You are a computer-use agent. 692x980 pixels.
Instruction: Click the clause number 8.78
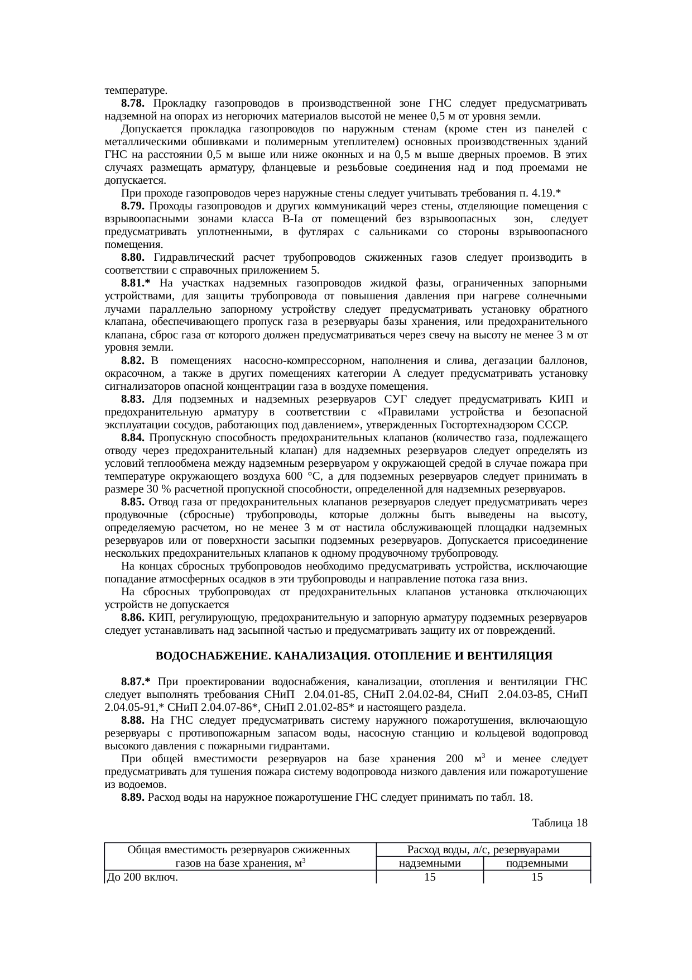tap(133, 103)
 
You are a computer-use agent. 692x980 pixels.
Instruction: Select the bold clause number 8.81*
tap(136, 283)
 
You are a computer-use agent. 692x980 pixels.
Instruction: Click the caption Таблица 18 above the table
tap(560, 823)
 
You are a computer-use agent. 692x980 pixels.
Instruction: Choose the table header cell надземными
tap(430, 864)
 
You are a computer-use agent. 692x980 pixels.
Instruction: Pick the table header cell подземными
tap(537, 864)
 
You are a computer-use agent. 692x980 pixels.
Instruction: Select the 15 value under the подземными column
tap(537, 877)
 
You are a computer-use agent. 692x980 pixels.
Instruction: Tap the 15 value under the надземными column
tap(430, 877)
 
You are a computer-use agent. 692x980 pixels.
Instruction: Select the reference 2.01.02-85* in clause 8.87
tap(319, 707)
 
